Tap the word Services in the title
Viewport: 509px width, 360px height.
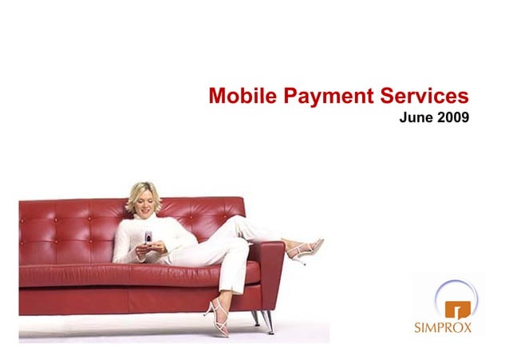click(x=423, y=97)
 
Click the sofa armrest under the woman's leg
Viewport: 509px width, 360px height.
click(x=270, y=263)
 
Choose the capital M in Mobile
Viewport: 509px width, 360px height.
click(x=218, y=97)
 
